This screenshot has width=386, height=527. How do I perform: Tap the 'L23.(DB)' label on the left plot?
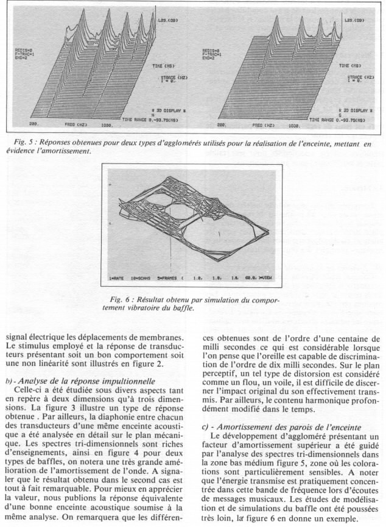pos(163,21)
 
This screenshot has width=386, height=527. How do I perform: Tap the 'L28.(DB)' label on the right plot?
pos(354,21)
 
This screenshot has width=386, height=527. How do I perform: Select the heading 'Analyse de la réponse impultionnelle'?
pos(76,381)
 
